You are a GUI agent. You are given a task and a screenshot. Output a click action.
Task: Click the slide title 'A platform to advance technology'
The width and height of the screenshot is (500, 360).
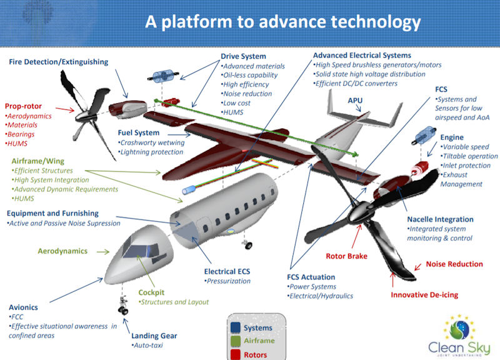pyautogui.click(x=282, y=22)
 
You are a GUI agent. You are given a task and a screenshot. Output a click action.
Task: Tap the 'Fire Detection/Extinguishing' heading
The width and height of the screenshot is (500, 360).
pyautogui.click(x=59, y=62)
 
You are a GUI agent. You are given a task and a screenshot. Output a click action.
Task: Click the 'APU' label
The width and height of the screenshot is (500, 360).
pyautogui.click(x=356, y=99)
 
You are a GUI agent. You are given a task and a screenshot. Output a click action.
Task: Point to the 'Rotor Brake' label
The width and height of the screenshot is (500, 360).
pyautogui.click(x=346, y=256)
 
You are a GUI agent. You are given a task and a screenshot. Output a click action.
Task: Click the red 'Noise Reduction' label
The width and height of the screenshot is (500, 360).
pyautogui.click(x=454, y=264)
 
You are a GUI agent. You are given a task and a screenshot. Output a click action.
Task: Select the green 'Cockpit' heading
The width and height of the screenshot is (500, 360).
pyautogui.click(x=151, y=292)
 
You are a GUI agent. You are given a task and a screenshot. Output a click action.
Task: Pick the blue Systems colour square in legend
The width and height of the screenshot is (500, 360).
pyautogui.click(x=235, y=327)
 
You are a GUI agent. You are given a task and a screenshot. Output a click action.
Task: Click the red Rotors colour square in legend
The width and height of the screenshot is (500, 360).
pyautogui.click(x=235, y=354)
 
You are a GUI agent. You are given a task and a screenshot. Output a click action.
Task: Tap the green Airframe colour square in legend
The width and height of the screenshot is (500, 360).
pyautogui.click(x=235, y=341)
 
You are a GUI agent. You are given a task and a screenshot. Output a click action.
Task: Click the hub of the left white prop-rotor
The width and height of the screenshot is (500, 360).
pyautogui.click(x=94, y=111)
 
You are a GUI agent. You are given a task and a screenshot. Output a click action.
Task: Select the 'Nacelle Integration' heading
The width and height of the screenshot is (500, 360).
pyautogui.click(x=440, y=219)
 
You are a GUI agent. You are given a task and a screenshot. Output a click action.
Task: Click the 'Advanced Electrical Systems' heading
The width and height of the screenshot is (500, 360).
pyautogui.click(x=362, y=56)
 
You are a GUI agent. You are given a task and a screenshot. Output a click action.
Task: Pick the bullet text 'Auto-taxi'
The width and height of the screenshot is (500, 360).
pyautogui.click(x=147, y=345)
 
